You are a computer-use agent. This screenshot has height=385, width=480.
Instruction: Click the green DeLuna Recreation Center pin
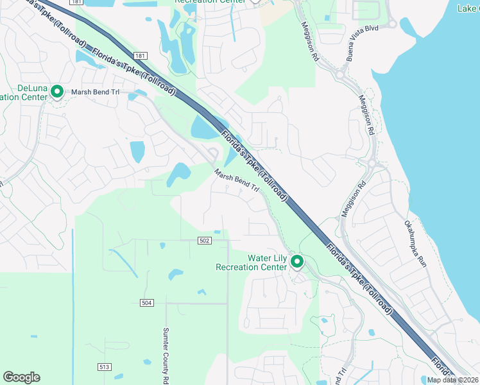pos(56,92)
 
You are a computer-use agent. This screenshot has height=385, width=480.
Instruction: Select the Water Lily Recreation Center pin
pos(297,261)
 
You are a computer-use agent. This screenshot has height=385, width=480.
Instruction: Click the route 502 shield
pos(204,240)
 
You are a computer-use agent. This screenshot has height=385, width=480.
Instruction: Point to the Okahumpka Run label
pos(415,244)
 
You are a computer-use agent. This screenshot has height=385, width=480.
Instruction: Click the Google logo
pos(21,377)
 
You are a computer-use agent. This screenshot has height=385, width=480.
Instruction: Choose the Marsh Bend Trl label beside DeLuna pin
pos(96,92)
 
